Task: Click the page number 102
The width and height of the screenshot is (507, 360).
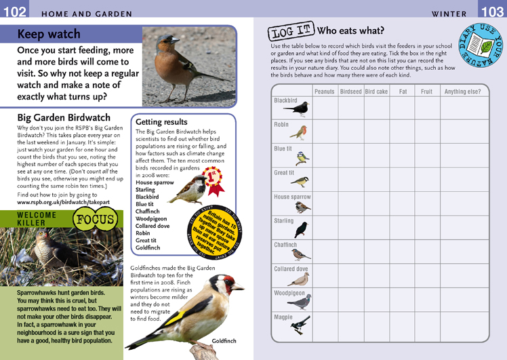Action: [14, 12]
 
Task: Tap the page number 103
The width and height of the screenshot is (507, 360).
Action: [492, 12]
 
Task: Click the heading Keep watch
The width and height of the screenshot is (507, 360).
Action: [49, 35]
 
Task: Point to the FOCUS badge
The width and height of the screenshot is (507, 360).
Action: [96, 220]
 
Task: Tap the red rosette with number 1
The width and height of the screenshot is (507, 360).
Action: [214, 177]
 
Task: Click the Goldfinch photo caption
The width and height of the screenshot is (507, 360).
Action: [224, 340]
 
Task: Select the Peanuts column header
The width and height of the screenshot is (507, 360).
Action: [325, 92]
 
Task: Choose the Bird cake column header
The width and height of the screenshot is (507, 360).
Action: [376, 92]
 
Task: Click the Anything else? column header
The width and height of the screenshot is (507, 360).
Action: [462, 92]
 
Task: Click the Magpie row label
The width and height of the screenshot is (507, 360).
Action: [283, 317]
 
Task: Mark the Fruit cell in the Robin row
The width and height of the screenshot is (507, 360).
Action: [426, 132]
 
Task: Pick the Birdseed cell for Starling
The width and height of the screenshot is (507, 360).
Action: [350, 228]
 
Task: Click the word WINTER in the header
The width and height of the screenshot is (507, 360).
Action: [449, 14]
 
